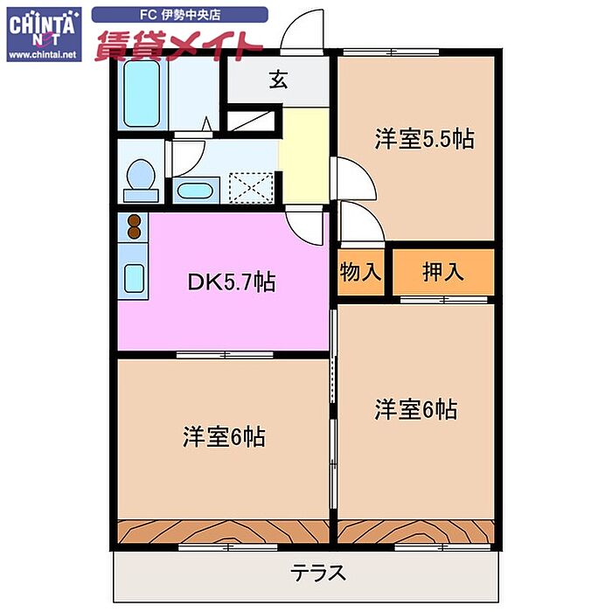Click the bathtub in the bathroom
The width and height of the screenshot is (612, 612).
(142, 94)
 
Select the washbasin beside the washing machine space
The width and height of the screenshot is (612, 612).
(195, 191)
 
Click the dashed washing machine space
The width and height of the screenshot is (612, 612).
(251, 188)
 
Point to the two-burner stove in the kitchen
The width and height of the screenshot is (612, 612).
(134, 226)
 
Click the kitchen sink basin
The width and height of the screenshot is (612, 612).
(134, 277)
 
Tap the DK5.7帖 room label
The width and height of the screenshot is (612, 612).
(232, 282)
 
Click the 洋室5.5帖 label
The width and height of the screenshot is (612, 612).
(425, 138)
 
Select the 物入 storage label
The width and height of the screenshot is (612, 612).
(360, 272)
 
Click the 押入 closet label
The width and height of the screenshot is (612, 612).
(443, 272)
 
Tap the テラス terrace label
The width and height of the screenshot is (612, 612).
(318, 573)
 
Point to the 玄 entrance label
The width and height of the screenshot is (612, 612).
(279, 80)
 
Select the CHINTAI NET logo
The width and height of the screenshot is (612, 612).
(44, 34)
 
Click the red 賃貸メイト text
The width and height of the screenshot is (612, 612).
(177, 45)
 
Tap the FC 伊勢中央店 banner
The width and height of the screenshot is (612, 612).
(180, 15)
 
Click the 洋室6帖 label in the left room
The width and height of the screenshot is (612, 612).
(224, 437)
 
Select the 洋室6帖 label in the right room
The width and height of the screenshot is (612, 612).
(415, 409)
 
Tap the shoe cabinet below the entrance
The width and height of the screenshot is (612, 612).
(251, 121)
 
